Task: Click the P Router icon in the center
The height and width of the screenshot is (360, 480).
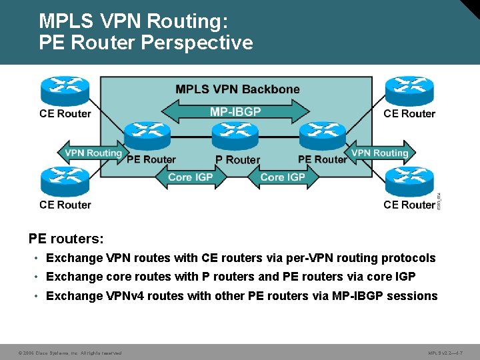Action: point(236,137)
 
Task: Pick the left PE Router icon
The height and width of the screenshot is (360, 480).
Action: point(148,136)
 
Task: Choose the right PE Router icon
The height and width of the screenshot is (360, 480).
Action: point(322,136)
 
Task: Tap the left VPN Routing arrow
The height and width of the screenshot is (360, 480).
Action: point(93,153)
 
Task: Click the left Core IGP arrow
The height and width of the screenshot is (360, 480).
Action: point(189,177)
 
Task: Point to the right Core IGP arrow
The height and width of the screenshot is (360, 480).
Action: point(282,177)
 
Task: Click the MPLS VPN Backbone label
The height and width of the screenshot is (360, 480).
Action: point(237,89)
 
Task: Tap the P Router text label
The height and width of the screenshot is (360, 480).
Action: point(237,160)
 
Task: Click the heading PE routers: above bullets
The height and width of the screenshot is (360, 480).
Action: point(66,238)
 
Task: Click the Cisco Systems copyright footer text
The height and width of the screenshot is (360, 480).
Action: point(69,353)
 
